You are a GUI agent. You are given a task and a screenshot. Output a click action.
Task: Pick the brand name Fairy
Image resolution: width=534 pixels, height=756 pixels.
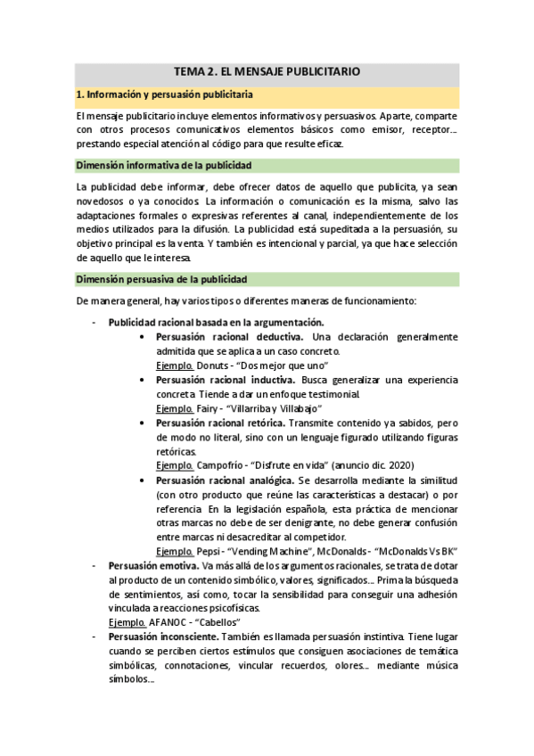pos(209,408)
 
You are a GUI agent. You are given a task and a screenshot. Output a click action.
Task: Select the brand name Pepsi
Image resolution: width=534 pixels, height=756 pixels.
pos(209,552)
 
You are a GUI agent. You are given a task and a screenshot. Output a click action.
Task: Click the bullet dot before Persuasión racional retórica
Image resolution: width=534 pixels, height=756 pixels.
pos(144,423)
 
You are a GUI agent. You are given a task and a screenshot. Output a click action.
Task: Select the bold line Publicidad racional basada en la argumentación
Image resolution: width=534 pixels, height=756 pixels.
pos(216,323)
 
